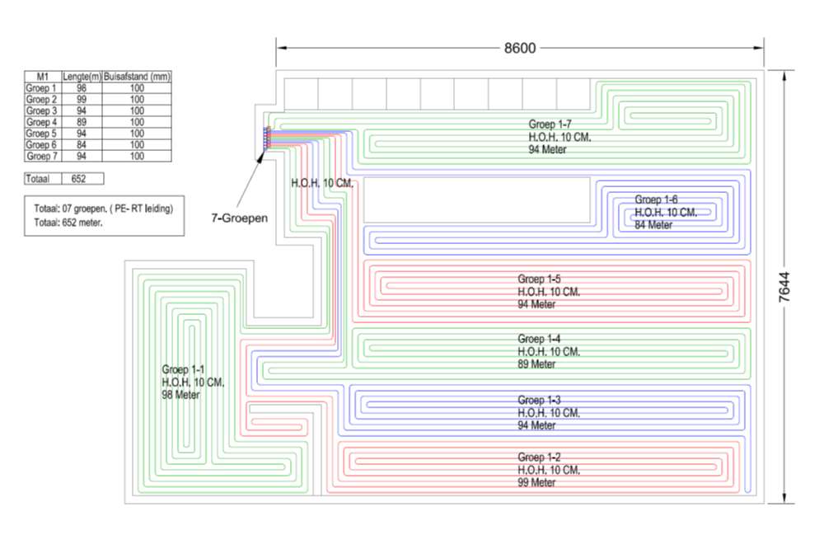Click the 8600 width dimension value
(520, 48)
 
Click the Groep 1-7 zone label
(550, 124)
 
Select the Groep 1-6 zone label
(656, 199)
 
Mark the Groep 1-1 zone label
(184, 370)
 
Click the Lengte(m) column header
(82, 77)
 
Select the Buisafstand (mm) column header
(137, 77)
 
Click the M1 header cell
(43, 77)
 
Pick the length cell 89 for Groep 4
(82, 121)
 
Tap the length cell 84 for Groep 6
(82, 144)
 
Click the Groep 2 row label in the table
(42, 99)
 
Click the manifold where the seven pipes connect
(265, 138)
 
